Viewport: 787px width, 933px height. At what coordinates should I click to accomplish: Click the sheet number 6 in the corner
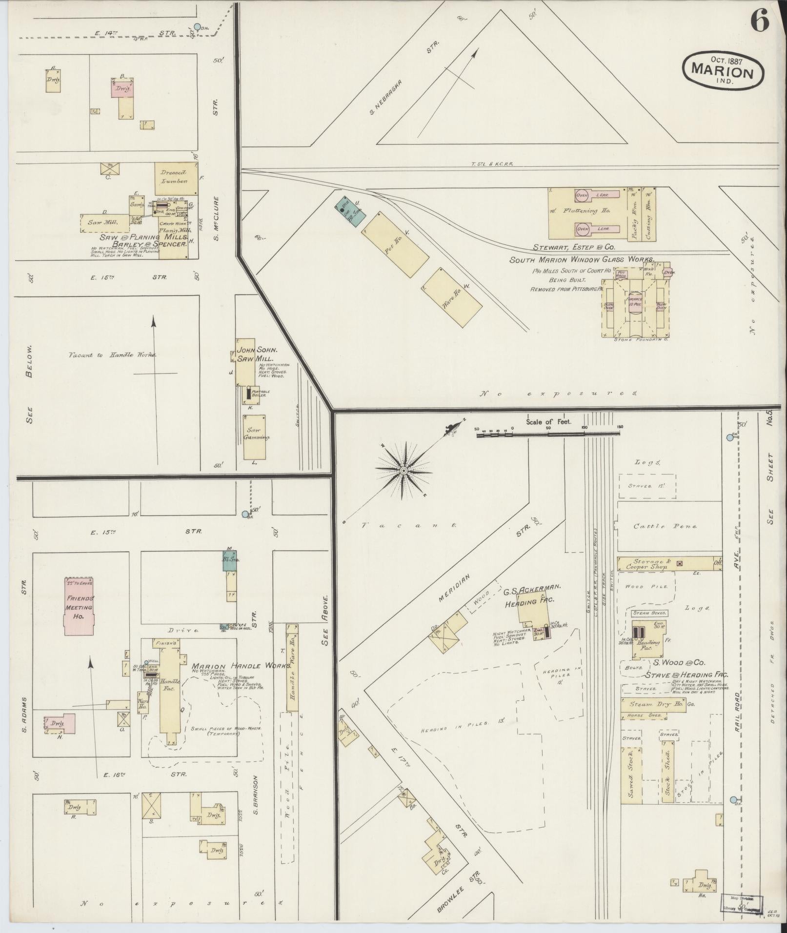tap(759, 21)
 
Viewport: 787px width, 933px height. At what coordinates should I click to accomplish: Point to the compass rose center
tap(404, 470)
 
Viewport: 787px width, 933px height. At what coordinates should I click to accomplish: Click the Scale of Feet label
tap(548, 422)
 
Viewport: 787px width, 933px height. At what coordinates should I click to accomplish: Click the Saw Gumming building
tap(254, 437)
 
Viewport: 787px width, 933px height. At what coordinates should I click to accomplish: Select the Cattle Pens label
tap(665, 527)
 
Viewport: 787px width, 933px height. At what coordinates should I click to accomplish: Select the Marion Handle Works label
tap(242, 666)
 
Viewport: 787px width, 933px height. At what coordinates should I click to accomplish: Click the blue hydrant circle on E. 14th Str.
tap(197, 27)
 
